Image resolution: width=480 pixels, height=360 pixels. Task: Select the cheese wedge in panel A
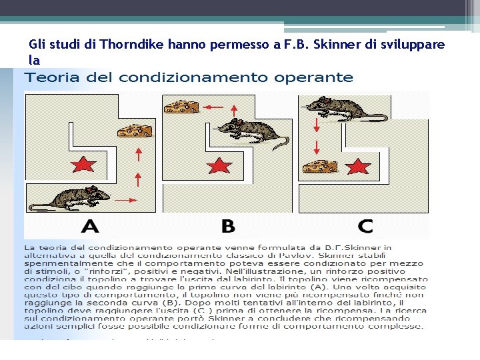tap(135, 130)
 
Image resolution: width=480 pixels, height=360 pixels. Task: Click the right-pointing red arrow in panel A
tap(125, 199)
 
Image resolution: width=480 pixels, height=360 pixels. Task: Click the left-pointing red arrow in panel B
tap(213, 107)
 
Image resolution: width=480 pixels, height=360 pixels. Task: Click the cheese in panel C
tap(318, 167)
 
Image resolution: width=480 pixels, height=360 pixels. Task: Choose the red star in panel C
tap(359, 166)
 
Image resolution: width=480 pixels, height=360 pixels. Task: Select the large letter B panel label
tap(227, 226)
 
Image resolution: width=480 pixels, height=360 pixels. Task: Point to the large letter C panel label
tap(365, 226)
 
